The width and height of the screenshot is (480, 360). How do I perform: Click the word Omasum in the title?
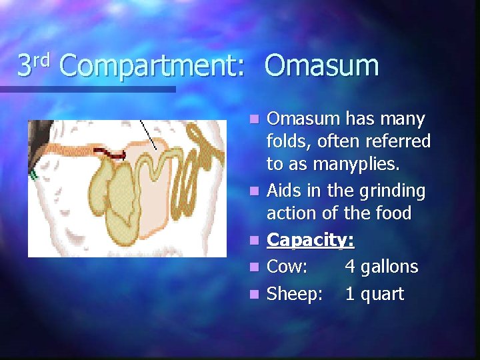pos(321,66)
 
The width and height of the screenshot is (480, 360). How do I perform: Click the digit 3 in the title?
pos(24,67)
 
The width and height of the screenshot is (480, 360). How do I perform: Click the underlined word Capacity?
pos(310,240)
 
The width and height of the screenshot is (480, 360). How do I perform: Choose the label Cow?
pos(287,267)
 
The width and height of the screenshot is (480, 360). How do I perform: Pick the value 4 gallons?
pos(381,267)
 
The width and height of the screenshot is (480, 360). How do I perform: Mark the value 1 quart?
pos(374,294)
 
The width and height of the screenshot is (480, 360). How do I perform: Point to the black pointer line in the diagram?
pos(149,135)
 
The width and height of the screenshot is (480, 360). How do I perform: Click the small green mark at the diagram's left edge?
pos(32,175)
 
